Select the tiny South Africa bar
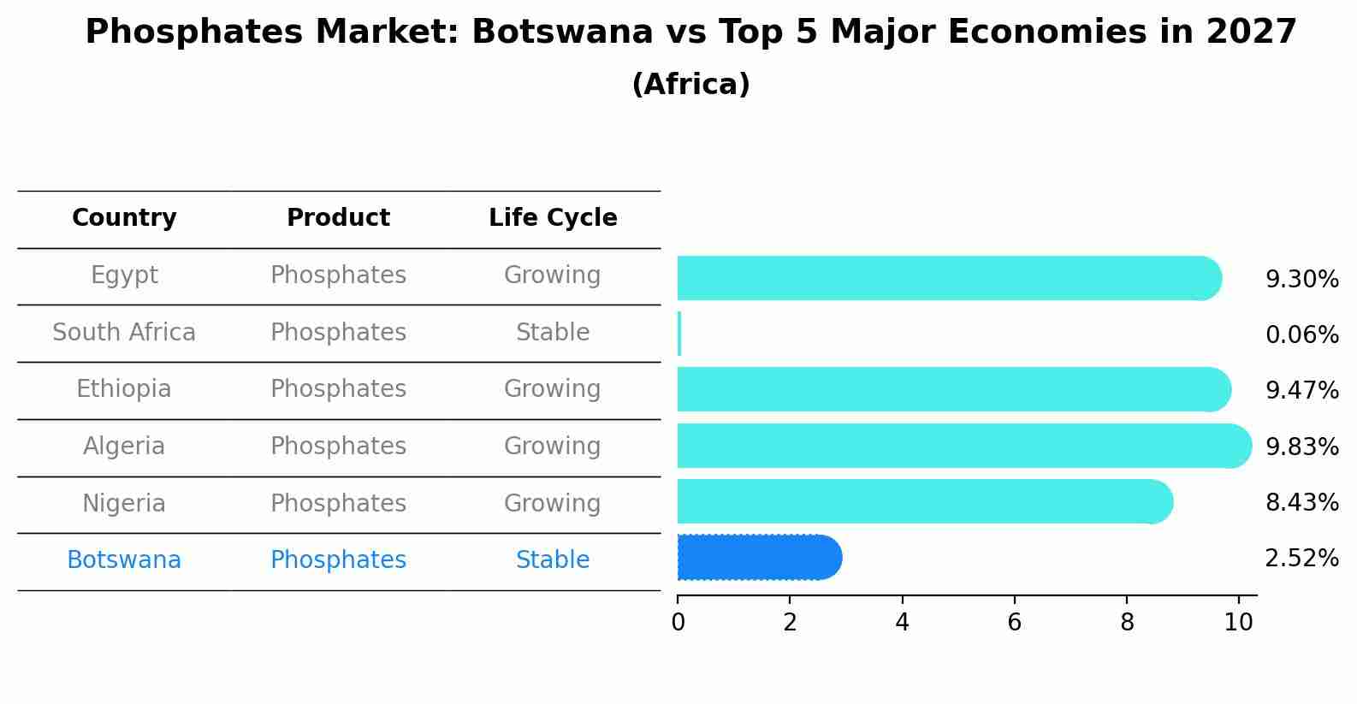coord(679,334)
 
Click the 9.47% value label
coord(1301,391)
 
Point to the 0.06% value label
coord(1301,335)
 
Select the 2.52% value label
coord(1301,559)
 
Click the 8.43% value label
coord(1301,502)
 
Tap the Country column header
coord(124,218)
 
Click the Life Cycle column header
coord(553,218)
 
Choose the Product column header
coord(338,218)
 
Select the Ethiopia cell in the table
coord(124,389)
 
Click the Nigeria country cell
coord(124,503)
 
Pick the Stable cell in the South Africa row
coord(553,332)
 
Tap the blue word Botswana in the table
coord(124,560)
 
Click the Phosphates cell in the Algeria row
coord(338,446)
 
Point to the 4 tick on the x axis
coord(902,622)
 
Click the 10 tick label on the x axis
coord(1238,622)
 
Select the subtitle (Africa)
coord(690,85)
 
